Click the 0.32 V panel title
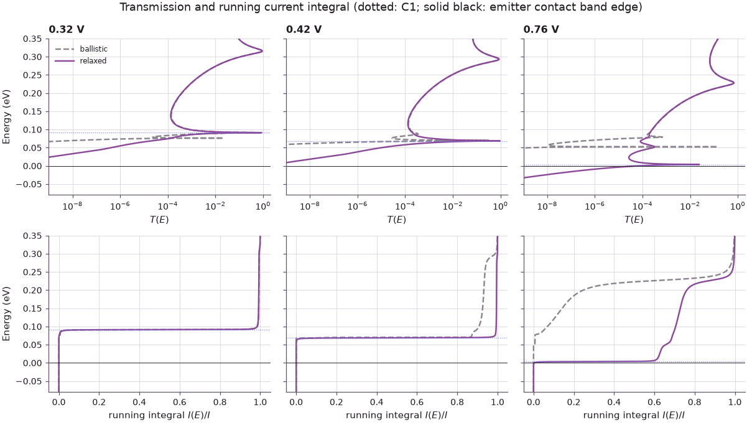(67, 29)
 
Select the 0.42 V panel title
(304, 29)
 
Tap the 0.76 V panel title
(541, 29)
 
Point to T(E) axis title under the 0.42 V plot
(396, 219)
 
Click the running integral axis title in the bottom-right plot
(634, 415)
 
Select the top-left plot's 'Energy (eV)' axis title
(6, 117)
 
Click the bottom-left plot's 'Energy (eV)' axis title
(6, 314)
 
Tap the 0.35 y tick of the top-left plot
(32, 39)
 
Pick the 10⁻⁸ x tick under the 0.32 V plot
(72, 206)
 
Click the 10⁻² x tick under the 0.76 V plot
(690, 206)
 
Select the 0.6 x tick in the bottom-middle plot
(417, 402)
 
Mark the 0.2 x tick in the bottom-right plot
(574, 402)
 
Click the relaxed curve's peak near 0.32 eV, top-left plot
(262, 51)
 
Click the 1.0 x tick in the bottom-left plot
(260, 402)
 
